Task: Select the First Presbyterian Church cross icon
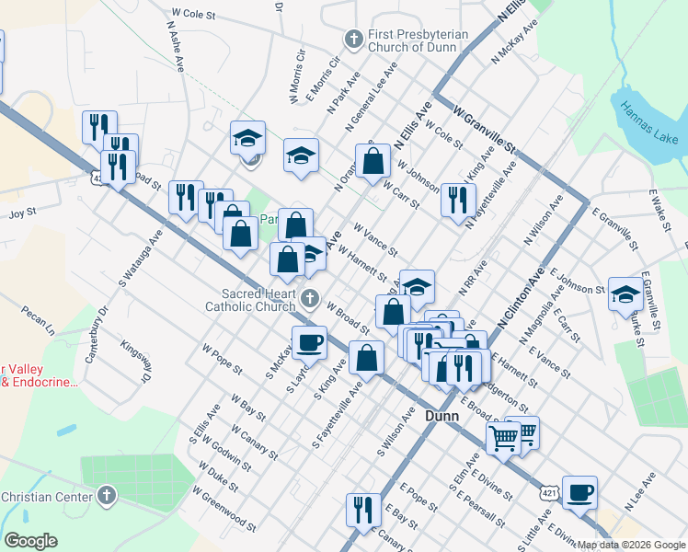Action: click(x=352, y=40)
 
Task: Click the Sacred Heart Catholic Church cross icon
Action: click(x=311, y=297)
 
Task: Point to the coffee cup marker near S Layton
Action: click(x=309, y=342)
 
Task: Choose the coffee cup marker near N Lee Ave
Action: click(x=579, y=492)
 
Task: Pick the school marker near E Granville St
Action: click(x=625, y=293)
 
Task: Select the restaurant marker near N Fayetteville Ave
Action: click(x=457, y=200)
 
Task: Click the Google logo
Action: click(x=30, y=541)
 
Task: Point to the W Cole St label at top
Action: click(x=193, y=16)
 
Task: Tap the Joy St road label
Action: click(x=21, y=212)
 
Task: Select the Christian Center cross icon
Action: click(x=107, y=497)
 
